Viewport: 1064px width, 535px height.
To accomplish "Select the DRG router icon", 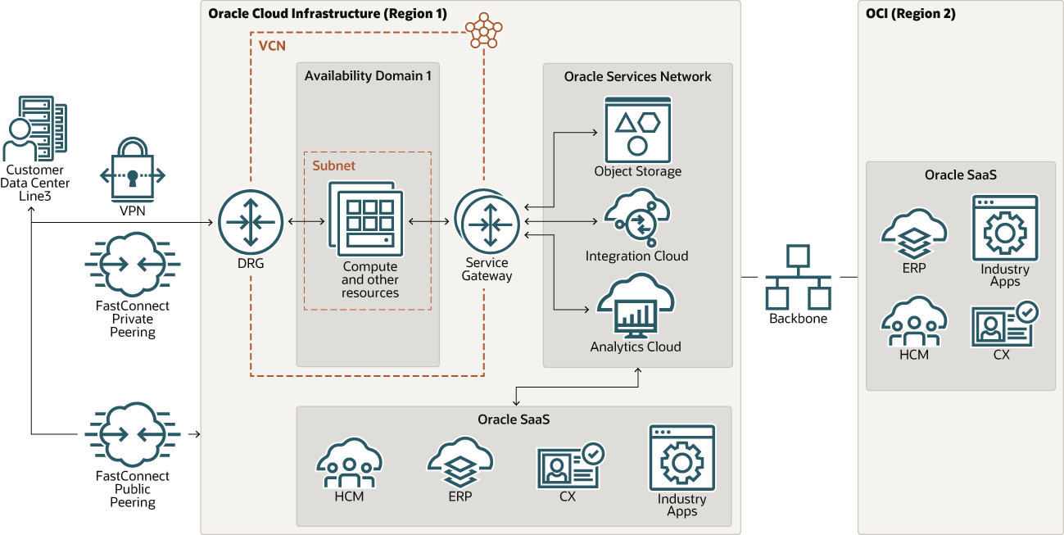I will [x=251, y=221].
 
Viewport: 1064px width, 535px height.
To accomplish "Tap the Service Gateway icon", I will [x=487, y=221].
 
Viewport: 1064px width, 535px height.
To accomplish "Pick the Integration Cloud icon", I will [x=637, y=216].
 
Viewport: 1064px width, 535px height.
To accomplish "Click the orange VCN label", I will [x=272, y=46].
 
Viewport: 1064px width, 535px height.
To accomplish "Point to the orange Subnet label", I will [x=333, y=165].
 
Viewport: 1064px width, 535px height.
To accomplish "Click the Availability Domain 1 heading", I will [x=368, y=76].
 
